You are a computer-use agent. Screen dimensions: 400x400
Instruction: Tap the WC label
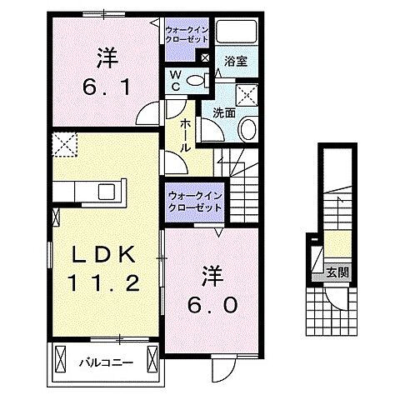(x=176, y=81)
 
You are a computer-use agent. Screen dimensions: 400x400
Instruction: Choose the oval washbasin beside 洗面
(x=248, y=128)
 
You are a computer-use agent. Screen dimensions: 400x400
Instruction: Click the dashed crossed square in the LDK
(x=63, y=147)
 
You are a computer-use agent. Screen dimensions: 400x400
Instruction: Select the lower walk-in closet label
(x=194, y=201)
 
